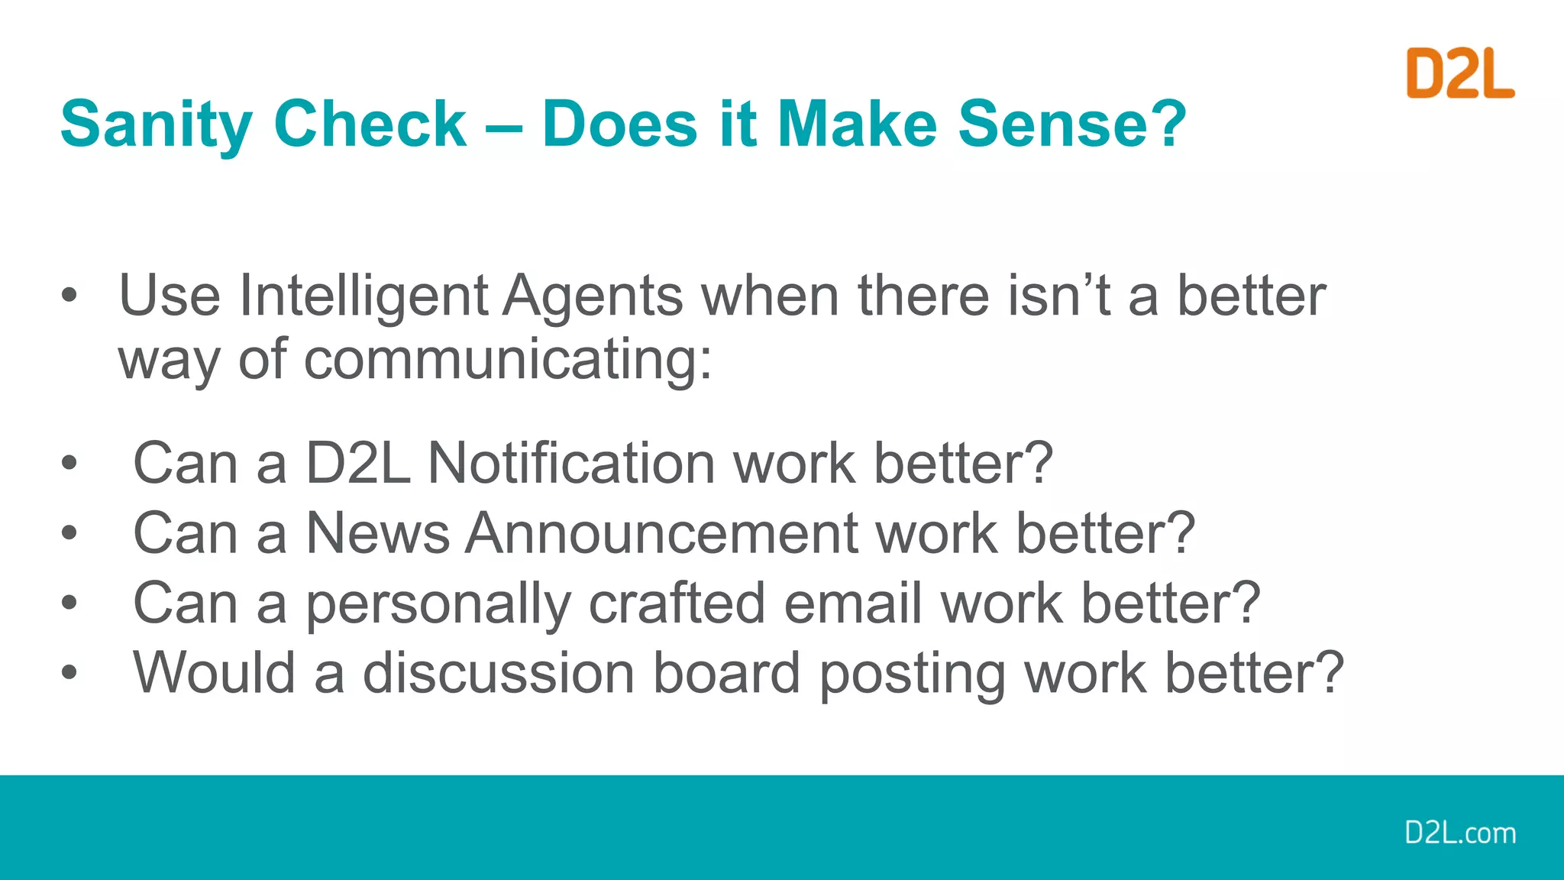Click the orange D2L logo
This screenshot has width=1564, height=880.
pyautogui.click(x=1459, y=73)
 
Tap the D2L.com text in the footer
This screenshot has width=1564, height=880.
pyautogui.click(x=1459, y=833)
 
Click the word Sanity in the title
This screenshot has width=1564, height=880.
pyautogui.click(x=156, y=125)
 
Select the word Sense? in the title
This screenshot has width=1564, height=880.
pyautogui.click(x=1072, y=125)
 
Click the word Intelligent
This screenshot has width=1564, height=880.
pyautogui.click(x=364, y=296)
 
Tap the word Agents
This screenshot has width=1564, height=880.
pyautogui.click(x=593, y=296)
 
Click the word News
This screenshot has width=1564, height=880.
pyautogui.click(x=378, y=533)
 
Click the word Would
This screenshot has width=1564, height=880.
pyautogui.click(x=215, y=674)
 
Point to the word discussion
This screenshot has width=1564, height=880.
pyautogui.click(x=499, y=674)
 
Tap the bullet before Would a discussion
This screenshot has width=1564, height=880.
pyautogui.click(x=69, y=673)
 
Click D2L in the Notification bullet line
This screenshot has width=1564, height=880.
pyautogui.click(x=357, y=464)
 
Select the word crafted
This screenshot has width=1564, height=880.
pyautogui.click(x=677, y=603)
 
